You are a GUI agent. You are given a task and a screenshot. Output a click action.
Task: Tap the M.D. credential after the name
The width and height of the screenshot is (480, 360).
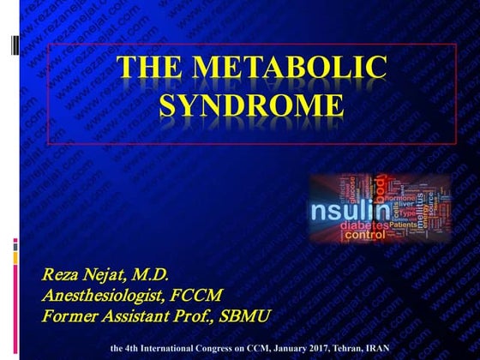[x=154, y=275]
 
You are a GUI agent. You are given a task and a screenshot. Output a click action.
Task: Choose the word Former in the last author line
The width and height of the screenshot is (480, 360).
[x=69, y=316]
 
